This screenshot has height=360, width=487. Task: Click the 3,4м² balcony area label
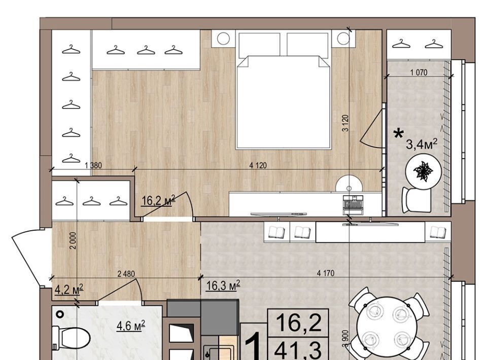click(422, 143)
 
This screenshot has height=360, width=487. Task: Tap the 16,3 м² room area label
click(223, 285)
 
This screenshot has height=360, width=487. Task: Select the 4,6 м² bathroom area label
click(131, 326)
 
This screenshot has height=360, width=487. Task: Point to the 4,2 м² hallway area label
click(68, 290)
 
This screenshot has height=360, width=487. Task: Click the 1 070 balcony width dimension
click(419, 73)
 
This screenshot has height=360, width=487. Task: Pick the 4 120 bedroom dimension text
click(258, 165)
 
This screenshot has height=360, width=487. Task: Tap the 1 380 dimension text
click(93, 165)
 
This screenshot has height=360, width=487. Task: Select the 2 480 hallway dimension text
click(126, 274)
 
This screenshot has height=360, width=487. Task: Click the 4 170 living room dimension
click(326, 273)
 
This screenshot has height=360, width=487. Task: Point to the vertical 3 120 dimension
click(345, 123)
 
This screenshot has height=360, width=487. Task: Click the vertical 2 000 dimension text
click(73, 240)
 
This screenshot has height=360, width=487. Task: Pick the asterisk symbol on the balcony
click(399, 134)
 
